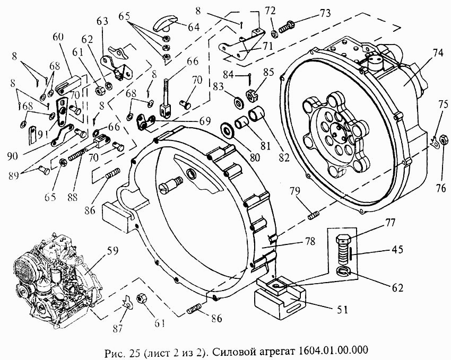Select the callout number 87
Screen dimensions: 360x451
pos(116,329)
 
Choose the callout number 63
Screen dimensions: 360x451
pos(102,21)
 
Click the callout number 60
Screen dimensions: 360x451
pos(58,37)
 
